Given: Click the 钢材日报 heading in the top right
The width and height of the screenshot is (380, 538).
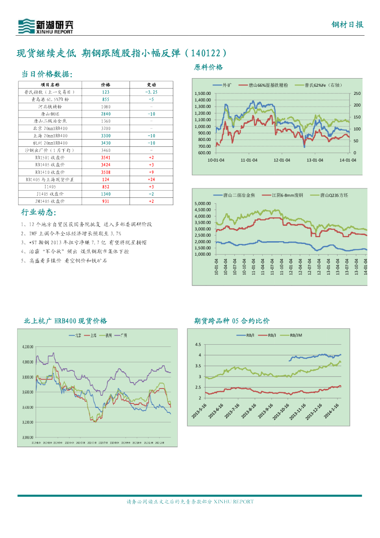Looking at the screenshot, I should [x=347, y=25].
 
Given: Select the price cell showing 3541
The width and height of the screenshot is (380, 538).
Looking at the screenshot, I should [x=106, y=157].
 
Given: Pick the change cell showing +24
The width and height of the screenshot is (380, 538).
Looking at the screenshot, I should [x=151, y=179].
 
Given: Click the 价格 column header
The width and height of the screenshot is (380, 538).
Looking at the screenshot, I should [x=106, y=84].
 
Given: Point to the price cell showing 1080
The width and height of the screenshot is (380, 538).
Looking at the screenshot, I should [x=106, y=107].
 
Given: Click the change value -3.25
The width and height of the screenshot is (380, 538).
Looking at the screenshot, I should [x=151, y=92].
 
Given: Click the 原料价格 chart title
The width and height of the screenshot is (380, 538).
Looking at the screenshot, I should [x=208, y=67].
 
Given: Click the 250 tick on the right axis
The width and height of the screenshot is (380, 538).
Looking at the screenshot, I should [x=356, y=94].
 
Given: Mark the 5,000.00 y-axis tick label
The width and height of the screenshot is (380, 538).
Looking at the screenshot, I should [x=203, y=204].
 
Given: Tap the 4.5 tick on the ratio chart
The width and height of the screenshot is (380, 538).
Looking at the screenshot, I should [x=198, y=345].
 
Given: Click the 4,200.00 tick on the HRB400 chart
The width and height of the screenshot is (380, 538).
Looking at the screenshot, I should [x=28, y=346].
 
